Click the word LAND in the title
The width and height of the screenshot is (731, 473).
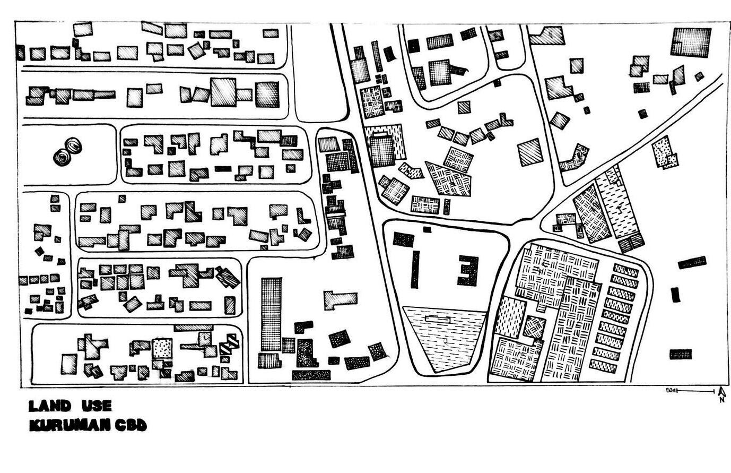click(x=49, y=407)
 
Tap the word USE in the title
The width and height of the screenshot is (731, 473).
click(x=97, y=407)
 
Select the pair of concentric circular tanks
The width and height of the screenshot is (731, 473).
click(x=67, y=152)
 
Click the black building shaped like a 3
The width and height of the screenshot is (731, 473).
click(x=468, y=270)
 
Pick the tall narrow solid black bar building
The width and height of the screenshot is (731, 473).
click(x=415, y=270)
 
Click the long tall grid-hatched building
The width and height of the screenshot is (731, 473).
click(x=271, y=314)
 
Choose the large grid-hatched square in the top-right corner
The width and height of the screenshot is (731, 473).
click(x=691, y=42)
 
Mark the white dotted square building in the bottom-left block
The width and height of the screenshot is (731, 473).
click(x=162, y=349)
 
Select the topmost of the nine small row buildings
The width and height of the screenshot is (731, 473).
click(x=626, y=270)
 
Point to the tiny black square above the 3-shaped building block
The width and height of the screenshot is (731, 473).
click(x=427, y=229)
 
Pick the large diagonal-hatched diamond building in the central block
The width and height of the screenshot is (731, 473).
click(x=530, y=152)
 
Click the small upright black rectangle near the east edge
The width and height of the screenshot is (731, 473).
click(x=675, y=294)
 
